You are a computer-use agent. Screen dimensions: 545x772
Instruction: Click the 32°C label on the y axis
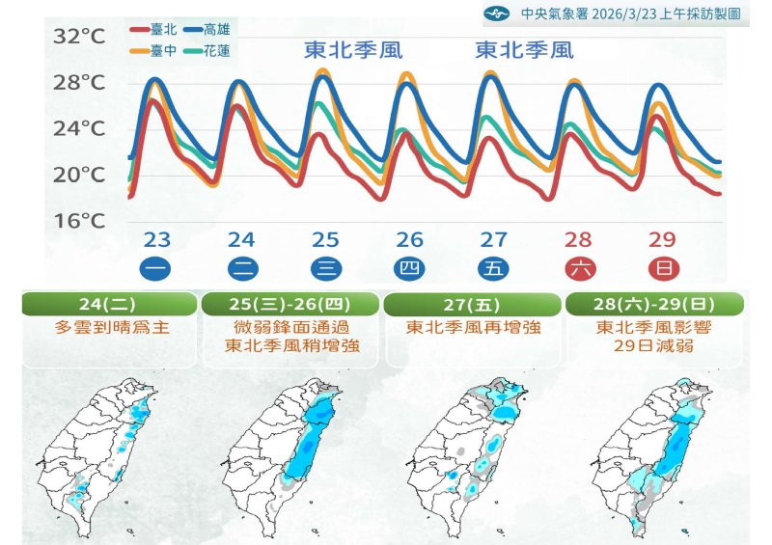point(79,38)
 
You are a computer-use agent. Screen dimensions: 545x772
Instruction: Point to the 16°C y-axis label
point(79,221)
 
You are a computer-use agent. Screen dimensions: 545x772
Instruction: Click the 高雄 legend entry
point(218,31)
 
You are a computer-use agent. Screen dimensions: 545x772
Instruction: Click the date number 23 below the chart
point(157,240)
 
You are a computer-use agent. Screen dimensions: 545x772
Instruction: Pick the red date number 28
point(578,240)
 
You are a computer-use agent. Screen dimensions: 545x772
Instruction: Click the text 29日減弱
point(654,345)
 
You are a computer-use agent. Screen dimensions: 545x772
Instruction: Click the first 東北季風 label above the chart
point(353,49)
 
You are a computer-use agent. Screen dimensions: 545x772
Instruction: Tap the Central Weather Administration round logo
point(496,14)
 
